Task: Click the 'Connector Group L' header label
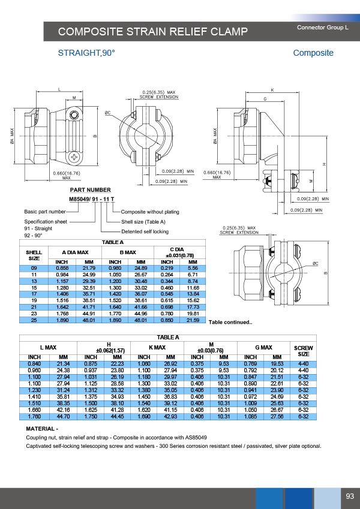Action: (322, 28)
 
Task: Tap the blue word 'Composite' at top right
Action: (313, 53)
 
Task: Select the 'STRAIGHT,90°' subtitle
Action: (86, 53)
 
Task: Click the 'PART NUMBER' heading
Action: (90, 190)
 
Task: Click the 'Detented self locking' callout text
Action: (145, 231)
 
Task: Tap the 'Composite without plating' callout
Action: (150, 212)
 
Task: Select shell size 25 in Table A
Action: (34, 320)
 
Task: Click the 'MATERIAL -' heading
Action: (42, 429)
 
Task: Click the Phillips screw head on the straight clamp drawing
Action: (74, 157)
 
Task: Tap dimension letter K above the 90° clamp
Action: (272, 90)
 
